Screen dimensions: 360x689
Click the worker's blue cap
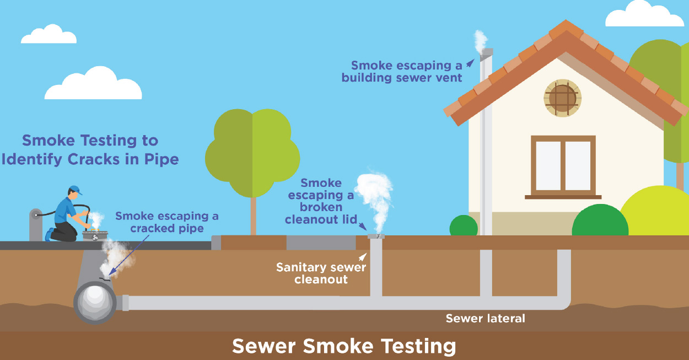tap(76, 190)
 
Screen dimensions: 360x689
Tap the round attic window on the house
tap(562, 98)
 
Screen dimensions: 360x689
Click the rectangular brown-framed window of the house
tap(563, 166)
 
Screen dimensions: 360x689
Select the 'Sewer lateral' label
tap(485, 318)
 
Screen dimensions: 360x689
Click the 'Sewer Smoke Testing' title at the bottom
tap(344, 346)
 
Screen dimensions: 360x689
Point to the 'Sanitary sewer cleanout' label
tap(321, 273)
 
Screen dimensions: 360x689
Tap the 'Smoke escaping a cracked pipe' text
tap(166, 222)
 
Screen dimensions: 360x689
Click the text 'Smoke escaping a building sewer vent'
tap(402, 71)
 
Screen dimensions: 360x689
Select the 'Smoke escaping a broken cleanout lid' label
tap(321, 201)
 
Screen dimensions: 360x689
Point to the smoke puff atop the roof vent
tap(481, 40)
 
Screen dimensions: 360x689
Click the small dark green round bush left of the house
tap(464, 226)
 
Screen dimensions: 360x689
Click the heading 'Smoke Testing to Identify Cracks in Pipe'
tap(89, 150)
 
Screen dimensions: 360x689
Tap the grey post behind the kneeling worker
tap(36, 223)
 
